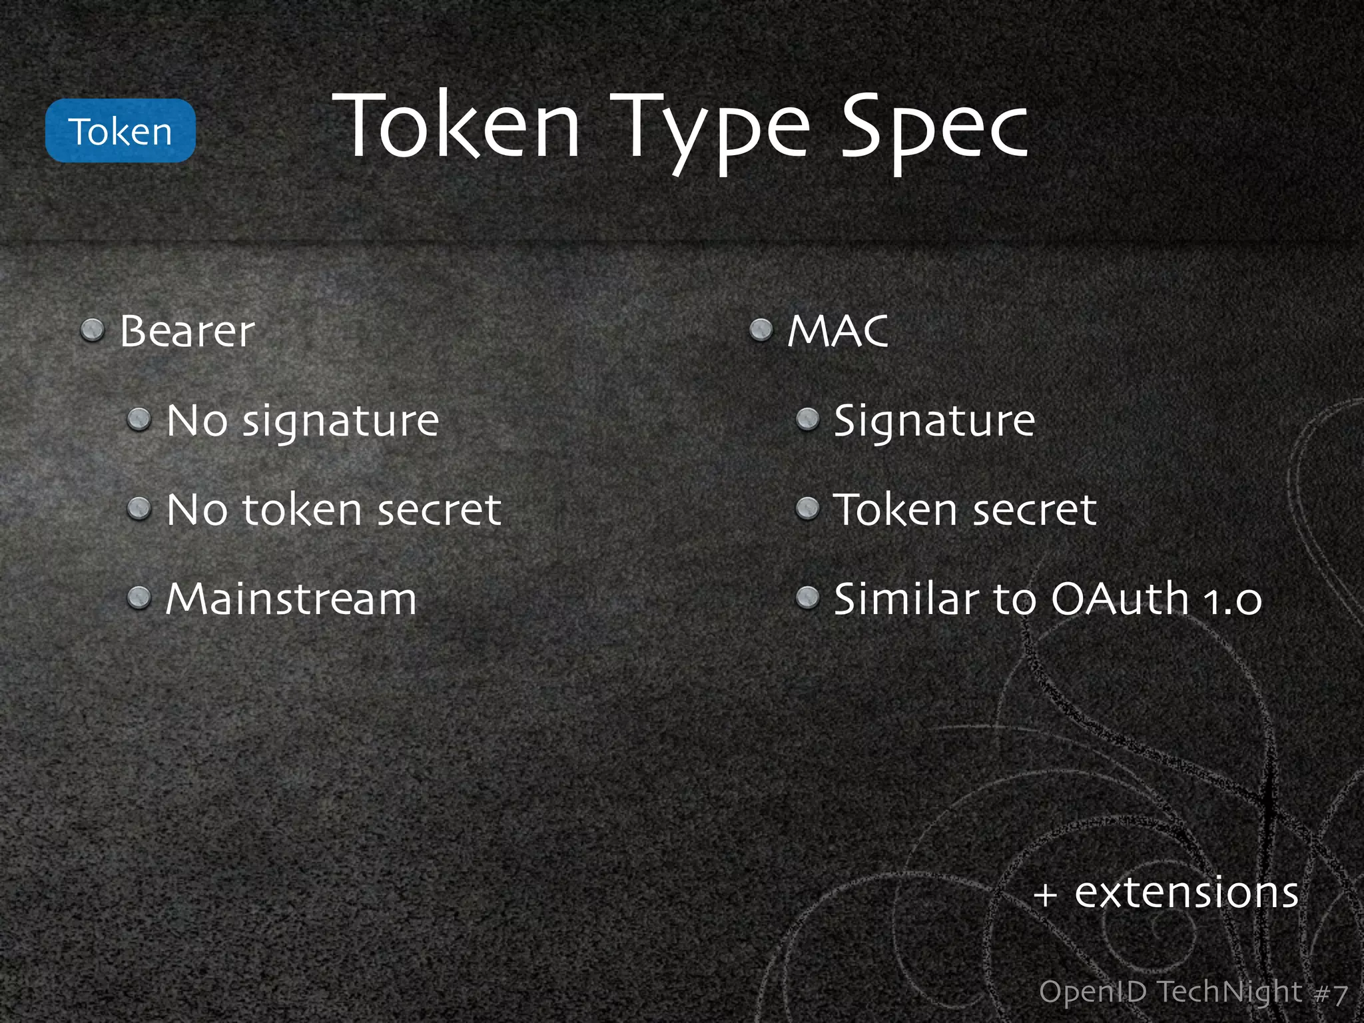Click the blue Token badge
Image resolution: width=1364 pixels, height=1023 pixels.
(x=120, y=131)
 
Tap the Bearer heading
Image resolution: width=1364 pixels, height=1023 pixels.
(x=187, y=331)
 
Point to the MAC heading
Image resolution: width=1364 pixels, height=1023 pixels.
(x=838, y=331)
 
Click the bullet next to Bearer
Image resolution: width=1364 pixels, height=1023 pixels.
(x=93, y=330)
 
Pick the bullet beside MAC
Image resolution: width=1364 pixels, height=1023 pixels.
(x=761, y=330)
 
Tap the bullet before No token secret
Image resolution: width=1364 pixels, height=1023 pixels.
(x=139, y=509)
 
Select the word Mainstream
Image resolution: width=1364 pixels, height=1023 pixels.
(x=291, y=599)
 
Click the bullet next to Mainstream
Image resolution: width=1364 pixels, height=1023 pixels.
(x=139, y=597)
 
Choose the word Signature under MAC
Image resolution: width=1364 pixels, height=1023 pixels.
(x=934, y=422)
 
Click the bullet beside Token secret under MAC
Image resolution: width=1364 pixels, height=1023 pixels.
(x=807, y=509)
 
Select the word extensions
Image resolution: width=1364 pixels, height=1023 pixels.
(x=1186, y=892)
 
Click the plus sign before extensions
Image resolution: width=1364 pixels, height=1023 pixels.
(x=1046, y=894)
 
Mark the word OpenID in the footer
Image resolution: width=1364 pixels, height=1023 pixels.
(x=1092, y=992)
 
